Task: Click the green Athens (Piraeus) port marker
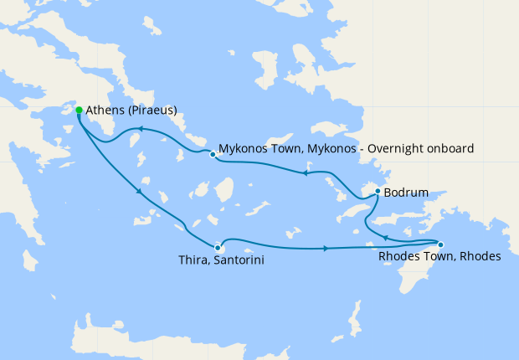79,110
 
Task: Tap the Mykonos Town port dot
213,154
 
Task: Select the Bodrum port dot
378,192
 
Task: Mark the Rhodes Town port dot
441,244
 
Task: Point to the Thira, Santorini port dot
218,248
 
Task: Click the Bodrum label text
406,193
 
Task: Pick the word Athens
105,110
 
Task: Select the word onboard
450,148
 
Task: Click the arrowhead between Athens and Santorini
139,194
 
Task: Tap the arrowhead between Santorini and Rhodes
325,248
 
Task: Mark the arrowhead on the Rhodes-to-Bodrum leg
385,237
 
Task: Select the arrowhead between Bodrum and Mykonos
306,173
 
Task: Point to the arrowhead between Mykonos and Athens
141,129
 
